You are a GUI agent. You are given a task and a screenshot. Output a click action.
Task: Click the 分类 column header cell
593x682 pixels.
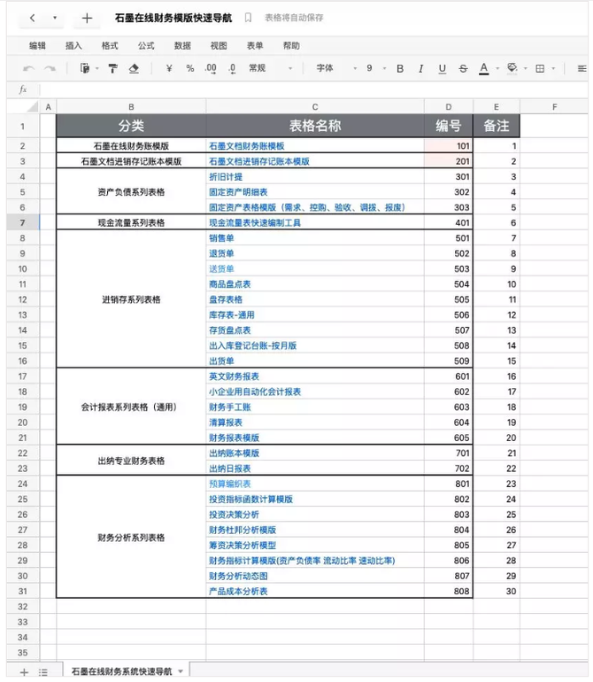point(131,126)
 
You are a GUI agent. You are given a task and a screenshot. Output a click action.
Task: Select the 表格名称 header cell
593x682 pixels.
point(314,126)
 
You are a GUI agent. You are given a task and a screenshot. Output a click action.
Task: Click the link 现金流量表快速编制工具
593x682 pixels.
point(255,223)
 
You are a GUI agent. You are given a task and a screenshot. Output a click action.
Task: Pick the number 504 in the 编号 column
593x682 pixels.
point(461,284)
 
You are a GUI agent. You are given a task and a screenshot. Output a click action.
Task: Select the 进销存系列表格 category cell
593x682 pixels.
point(131,299)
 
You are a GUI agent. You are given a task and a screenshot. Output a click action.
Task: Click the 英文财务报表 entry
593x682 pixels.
point(234,376)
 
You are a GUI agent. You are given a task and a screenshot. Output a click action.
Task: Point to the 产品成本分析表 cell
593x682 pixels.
point(238,591)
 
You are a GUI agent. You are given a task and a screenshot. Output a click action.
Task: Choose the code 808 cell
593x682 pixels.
point(461,591)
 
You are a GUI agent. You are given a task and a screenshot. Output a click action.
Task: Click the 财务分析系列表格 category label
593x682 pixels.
point(131,537)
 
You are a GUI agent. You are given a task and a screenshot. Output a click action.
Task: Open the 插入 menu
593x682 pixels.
point(73,45)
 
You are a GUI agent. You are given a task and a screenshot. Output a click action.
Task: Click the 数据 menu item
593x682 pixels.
point(182,45)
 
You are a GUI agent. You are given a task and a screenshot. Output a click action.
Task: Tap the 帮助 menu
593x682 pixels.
point(291,45)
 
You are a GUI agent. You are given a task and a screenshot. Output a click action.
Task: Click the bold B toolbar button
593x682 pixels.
point(399,68)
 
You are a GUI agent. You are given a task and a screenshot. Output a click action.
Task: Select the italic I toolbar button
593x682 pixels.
point(420,68)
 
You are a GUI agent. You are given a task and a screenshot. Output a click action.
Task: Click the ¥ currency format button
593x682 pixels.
point(168,68)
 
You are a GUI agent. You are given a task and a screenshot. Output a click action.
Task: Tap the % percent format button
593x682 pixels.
point(189,68)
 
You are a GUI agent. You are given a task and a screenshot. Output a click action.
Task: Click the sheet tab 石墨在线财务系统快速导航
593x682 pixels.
point(121,671)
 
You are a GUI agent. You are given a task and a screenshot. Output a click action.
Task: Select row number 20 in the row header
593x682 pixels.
point(22,422)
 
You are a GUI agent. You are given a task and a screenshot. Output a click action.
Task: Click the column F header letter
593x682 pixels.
point(554,107)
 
